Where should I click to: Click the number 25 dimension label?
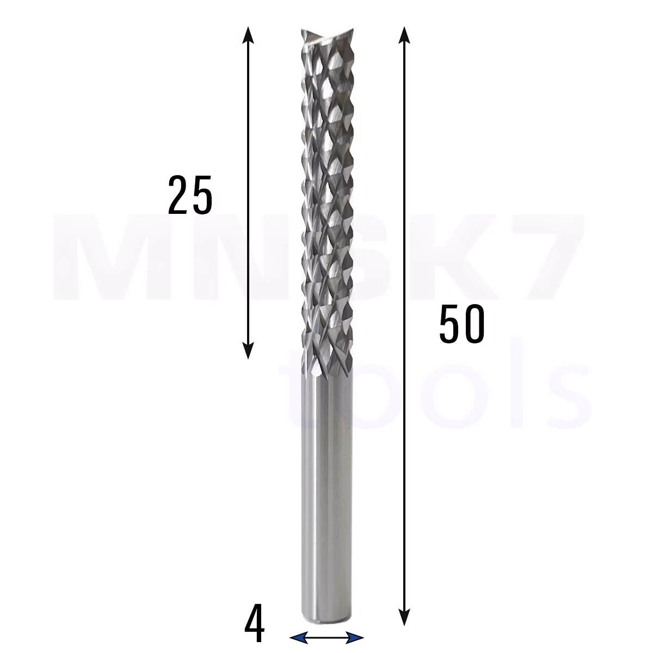(x=190, y=195)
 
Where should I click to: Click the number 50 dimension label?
(x=461, y=324)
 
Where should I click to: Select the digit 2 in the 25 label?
(x=178, y=195)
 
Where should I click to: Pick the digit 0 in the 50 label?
(x=474, y=324)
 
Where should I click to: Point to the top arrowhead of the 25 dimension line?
(x=248, y=35)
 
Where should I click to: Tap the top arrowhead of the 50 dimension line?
(x=404, y=35)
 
